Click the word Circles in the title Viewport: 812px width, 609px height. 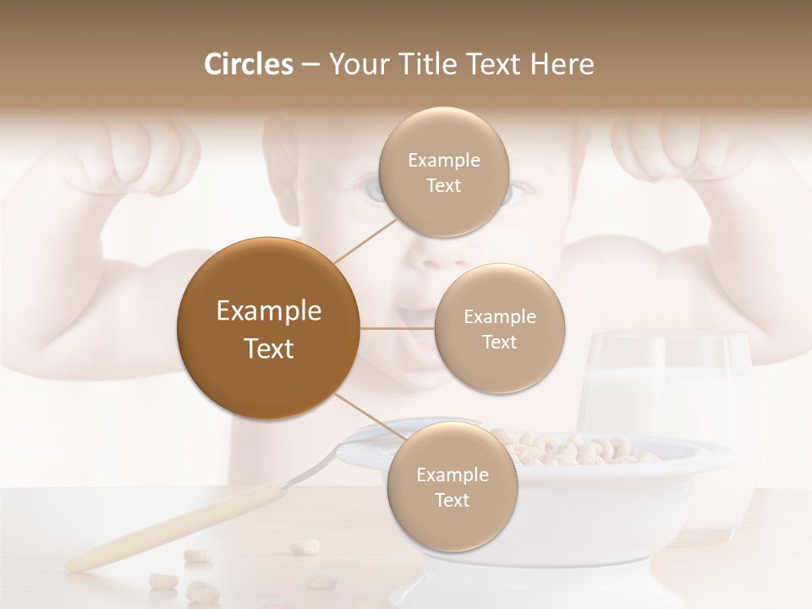[x=248, y=64]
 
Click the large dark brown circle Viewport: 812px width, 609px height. [x=268, y=328]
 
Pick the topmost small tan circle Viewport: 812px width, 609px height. [x=442, y=173]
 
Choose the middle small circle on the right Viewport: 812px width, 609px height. [x=499, y=329]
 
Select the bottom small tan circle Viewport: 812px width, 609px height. [x=452, y=487]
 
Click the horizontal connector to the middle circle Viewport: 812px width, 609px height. [x=397, y=329]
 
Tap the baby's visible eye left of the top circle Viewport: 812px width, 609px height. [x=370, y=188]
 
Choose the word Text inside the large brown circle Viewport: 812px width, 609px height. [x=268, y=348]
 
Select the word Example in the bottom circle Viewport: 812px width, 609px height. [x=452, y=475]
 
